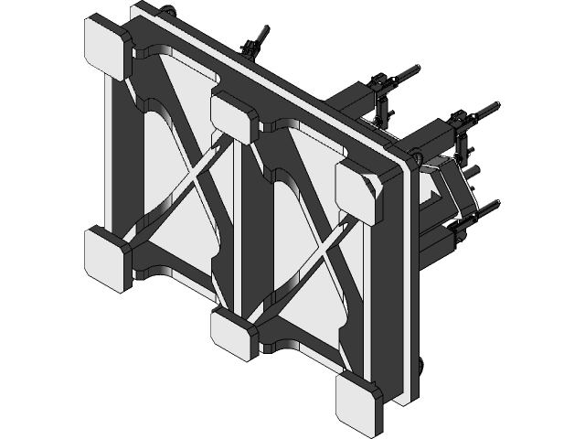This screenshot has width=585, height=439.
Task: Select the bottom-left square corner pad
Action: pos(109,258)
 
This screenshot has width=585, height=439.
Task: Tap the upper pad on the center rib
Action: pos(234,113)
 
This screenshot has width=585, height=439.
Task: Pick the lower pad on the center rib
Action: pos(234,334)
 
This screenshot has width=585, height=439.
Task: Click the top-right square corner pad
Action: pos(358,188)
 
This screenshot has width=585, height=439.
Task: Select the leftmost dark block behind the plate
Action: pos(351,101)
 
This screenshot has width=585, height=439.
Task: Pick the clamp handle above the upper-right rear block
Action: pos(480,113)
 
